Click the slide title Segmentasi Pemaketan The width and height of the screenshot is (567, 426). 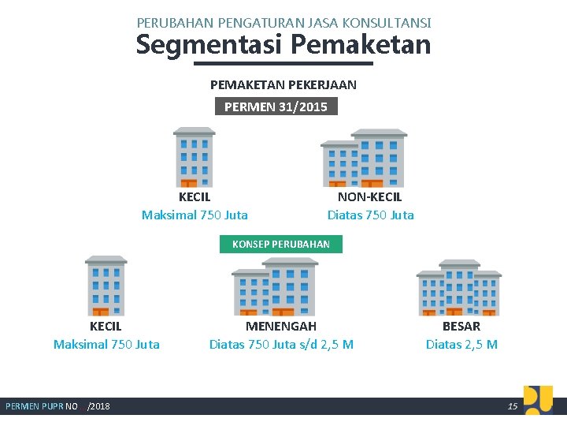tap(283, 45)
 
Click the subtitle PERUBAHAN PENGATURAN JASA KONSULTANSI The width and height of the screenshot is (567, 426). tap(283, 24)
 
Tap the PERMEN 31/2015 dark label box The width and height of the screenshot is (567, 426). tap(276, 106)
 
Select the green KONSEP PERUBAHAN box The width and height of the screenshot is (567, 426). tap(281, 244)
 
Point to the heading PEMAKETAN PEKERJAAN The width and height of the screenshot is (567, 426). tap(283, 84)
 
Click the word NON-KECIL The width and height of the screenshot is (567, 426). tap(369, 197)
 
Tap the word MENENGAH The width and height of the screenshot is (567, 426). tap(281, 326)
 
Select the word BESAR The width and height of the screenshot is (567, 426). tap(461, 326)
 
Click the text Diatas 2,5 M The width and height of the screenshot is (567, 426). tap(461, 344)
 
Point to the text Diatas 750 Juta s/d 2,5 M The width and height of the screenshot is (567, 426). tap(281, 344)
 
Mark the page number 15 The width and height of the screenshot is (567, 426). tap(513, 406)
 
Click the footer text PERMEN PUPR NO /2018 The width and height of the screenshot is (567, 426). tap(57, 406)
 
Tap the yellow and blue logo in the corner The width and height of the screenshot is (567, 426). tap(538, 399)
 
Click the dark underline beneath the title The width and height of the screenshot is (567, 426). tap(283, 63)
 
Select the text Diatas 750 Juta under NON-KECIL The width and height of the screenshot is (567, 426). tap(370, 215)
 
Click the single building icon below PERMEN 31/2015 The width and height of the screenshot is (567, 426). tap(194, 157)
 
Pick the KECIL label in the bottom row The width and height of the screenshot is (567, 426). tap(106, 326)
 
